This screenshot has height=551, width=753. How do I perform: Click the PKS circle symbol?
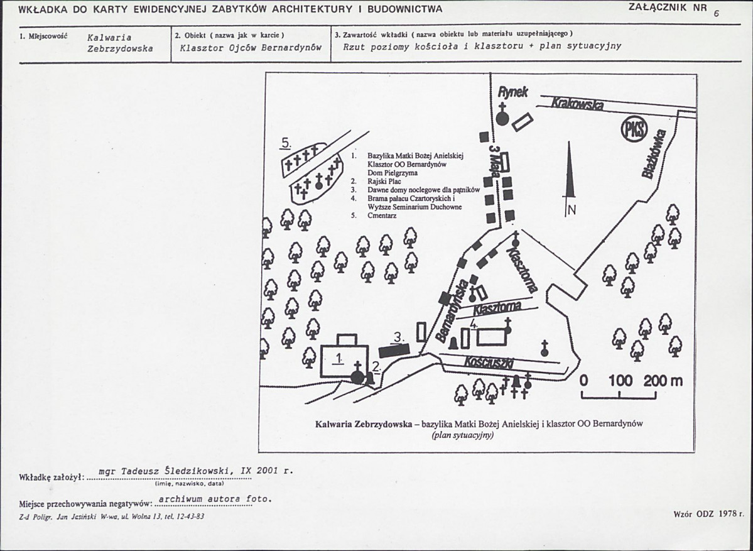click(x=635, y=129)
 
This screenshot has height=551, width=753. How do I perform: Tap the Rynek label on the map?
click(x=513, y=92)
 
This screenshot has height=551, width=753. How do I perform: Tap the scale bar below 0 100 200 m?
click(x=619, y=395)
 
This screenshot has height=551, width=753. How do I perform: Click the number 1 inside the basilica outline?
click(x=339, y=358)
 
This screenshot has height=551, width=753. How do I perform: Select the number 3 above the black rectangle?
click(x=398, y=338)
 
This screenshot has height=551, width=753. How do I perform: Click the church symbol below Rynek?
click(x=502, y=114)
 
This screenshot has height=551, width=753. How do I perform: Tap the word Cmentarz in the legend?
click(x=382, y=215)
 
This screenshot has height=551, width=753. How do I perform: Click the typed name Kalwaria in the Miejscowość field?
click(x=110, y=38)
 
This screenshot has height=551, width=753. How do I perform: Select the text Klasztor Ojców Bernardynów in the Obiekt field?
click(x=250, y=48)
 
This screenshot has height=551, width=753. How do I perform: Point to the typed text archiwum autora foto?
click(x=215, y=499)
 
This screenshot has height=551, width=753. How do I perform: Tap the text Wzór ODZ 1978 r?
click(x=709, y=514)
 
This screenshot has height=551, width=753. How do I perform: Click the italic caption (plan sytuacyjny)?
click(x=462, y=435)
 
